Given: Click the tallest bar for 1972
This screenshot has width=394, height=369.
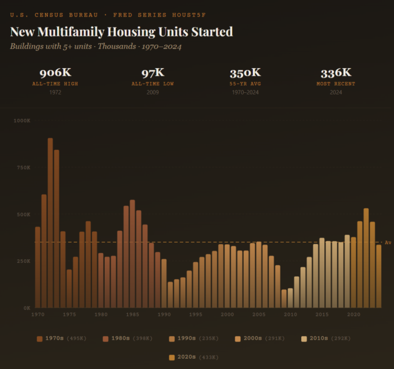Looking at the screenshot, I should point(50,223).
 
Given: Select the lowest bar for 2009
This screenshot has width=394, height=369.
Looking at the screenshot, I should point(284,299).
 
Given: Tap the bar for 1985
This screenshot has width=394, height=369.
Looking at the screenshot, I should point(132,254).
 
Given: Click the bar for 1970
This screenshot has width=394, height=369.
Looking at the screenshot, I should point(37,267).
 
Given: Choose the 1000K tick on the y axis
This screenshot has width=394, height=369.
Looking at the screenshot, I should point(23,121).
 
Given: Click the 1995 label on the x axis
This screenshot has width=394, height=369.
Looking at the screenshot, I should point(195,315).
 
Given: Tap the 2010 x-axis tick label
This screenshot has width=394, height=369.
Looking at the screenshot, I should point(290,315).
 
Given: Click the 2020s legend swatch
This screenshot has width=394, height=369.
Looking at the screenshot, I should point(172,357).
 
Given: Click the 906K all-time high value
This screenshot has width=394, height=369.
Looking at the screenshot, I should point(54,72).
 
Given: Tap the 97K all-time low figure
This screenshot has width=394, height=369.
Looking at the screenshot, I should point(152,72).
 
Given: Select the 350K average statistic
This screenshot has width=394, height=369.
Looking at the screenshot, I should point(245,72).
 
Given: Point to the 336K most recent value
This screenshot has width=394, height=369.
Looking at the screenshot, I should point(336,72).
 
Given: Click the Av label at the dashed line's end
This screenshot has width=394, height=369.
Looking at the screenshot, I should point(388,242).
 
